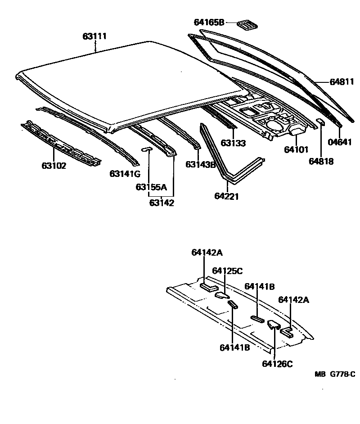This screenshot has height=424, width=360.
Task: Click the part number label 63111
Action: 94,36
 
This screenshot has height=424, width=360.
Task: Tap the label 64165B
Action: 209,22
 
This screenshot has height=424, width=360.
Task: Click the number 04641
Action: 340,143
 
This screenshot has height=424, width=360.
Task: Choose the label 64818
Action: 321,161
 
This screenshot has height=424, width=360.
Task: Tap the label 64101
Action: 296,149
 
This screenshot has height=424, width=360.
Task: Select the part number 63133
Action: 233,144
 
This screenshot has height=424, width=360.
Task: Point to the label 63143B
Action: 201,164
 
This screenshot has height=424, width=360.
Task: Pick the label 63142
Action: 162,203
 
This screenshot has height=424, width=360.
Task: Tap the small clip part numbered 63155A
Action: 147,149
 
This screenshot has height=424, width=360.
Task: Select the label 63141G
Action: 125,174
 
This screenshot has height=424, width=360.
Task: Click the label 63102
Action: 54,166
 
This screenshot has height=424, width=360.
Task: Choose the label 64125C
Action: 228,271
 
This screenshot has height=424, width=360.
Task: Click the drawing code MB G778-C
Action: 335,374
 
